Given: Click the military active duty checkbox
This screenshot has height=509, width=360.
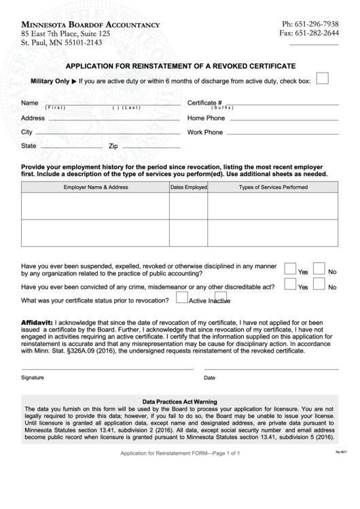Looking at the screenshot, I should (323, 78).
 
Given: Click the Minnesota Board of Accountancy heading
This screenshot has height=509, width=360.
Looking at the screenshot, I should (90, 24).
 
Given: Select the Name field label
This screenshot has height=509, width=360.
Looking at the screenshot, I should (29, 103).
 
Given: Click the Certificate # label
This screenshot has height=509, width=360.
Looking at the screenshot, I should (204, 103).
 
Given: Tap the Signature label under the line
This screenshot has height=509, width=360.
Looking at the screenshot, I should (32, 377).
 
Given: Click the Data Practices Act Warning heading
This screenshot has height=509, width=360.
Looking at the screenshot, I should (180, 402).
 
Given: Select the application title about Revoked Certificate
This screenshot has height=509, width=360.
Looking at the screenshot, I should (180, 66).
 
